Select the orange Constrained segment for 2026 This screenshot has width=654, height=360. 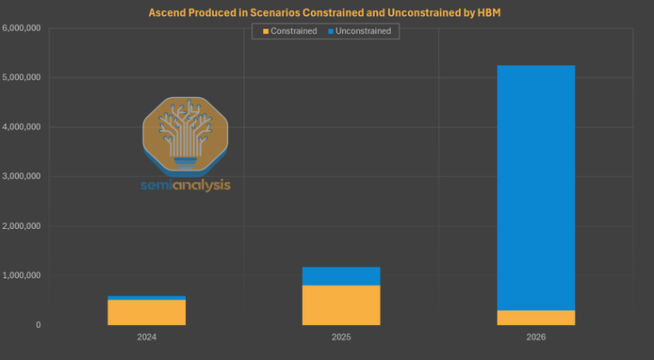click(535, 317)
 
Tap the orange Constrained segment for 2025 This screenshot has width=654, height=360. click(340, 304)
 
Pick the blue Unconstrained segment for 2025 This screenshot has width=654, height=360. click(340, 276)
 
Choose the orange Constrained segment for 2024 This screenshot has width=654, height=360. click(146, 312)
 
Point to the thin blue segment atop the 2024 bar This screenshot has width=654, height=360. click(146, 297)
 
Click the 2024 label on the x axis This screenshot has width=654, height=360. click(146, 338)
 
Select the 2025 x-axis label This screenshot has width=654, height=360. click(340, 338)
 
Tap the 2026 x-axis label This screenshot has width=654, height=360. click(535, 338)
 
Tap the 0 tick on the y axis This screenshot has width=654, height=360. click(38, 325)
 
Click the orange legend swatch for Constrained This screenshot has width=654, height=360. click(264, 31)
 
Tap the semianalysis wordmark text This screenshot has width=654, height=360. click(186, 185)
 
